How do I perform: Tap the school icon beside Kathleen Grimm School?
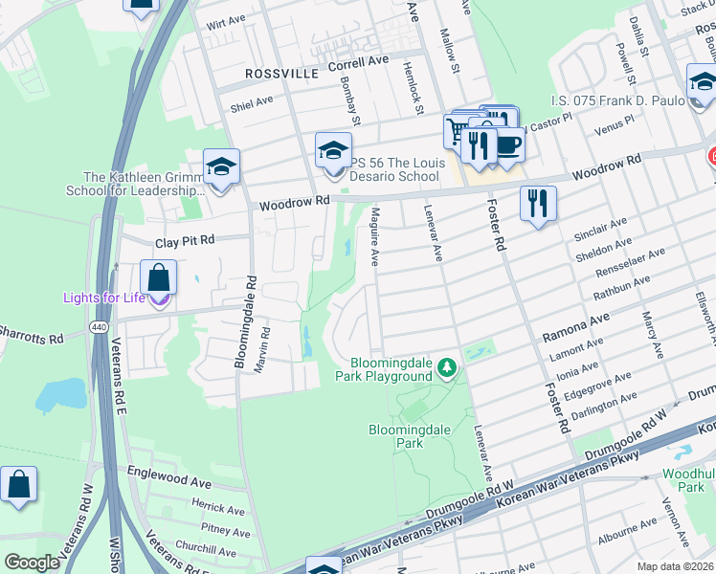point(221,168)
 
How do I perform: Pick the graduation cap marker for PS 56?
point(333,151)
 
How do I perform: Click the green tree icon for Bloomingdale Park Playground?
point(446,366)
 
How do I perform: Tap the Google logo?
point(33,563)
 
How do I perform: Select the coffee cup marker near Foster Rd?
point(507,144)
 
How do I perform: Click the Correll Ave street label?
point(358,59)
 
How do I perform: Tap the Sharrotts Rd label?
point(31,339)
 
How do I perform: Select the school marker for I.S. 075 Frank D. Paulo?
point(704,82)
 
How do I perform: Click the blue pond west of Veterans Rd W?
point(60,393)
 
